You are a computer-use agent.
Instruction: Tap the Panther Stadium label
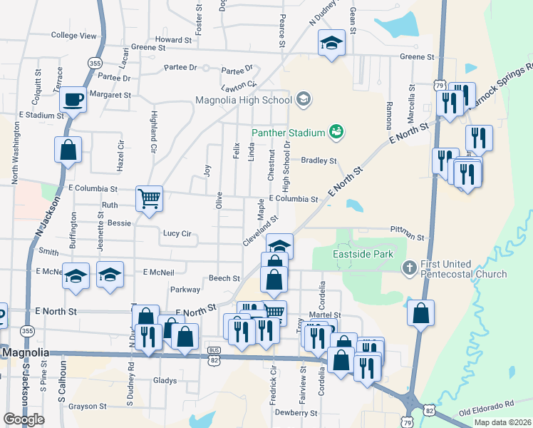288,133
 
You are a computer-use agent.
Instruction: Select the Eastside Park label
363,254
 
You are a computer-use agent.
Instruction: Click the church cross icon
409,268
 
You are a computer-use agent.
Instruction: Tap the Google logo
24,419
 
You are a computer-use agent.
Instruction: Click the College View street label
73,36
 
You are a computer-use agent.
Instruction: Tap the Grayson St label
88,407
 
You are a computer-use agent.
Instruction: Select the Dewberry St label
299,412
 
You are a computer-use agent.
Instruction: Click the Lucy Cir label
177,233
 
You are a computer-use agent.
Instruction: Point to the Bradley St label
319,161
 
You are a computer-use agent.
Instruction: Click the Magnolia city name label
25,353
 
